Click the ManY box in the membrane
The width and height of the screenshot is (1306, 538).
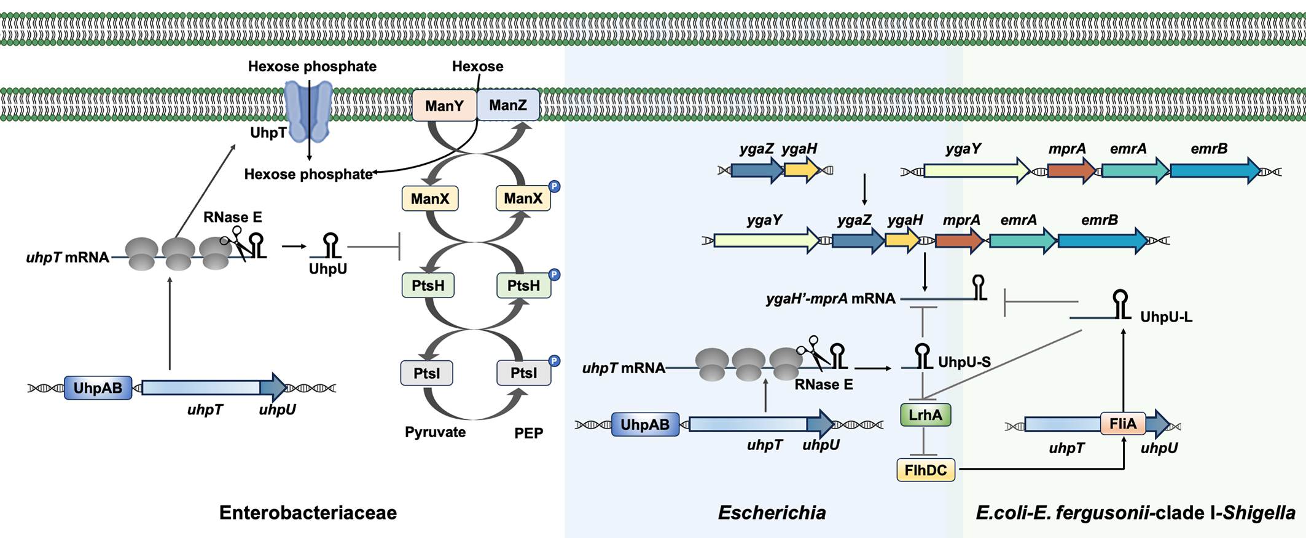444,106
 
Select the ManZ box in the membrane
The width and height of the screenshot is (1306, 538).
508,105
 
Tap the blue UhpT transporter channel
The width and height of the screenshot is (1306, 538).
308,111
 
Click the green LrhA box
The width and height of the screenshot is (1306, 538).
925,415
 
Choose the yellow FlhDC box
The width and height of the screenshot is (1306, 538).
926,470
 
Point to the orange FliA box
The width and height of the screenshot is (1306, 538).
1123,424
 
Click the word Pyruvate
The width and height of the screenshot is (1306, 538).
435,432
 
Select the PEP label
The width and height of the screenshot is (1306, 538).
528,433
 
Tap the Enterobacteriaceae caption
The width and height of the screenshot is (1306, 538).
308,512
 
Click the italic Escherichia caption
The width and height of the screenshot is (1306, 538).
772,512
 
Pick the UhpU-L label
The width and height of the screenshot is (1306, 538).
1166,317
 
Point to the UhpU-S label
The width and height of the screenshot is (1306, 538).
964,362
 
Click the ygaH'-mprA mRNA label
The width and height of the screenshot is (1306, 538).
831,299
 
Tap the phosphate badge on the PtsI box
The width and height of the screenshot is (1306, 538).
554,361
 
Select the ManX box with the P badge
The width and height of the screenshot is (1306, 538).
523,199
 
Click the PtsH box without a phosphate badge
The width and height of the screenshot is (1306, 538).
428,286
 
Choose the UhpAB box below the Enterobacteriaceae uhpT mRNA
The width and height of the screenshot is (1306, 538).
98,388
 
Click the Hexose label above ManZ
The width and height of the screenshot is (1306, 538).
477,66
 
